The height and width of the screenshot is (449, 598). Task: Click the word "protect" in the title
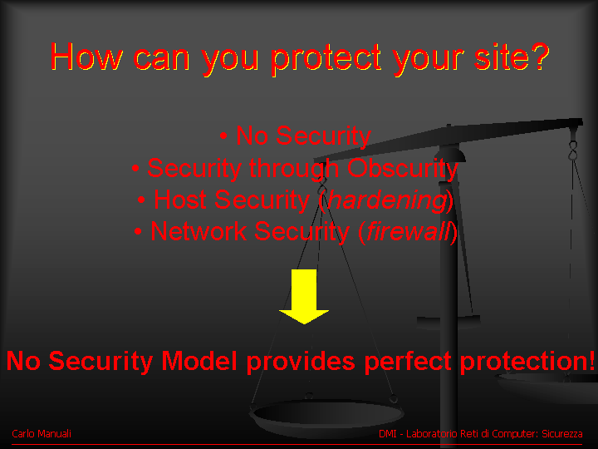pyautogui.click(x=327, y=58)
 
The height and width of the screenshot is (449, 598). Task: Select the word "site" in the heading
pyautogui.click(x=499, y=57)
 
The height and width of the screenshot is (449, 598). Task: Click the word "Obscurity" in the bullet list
pyautogui.click(x=402, y=168)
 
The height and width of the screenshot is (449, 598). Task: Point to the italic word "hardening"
pyautogui.click(x=387, y=200)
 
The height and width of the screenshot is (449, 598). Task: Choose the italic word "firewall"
pyautogui.click(x=408, y=231)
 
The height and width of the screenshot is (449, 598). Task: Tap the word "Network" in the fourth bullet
pyautogui.click(x=199, y=231)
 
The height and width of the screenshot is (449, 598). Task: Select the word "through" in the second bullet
pyautogui.click(x=294, y=168)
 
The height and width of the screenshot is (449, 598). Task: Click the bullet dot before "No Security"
pyautogui.click(x=224, y=136)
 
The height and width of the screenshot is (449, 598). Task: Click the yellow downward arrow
pyautogui.click(x=304, y=296)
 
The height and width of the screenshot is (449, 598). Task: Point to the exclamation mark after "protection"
pyautogui.click(x=591, y=361)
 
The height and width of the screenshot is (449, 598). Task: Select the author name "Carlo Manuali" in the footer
pyautogui.click(x=42, y=434)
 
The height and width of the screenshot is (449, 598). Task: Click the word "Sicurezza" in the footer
pyautogui.click(x=562, y=434)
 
